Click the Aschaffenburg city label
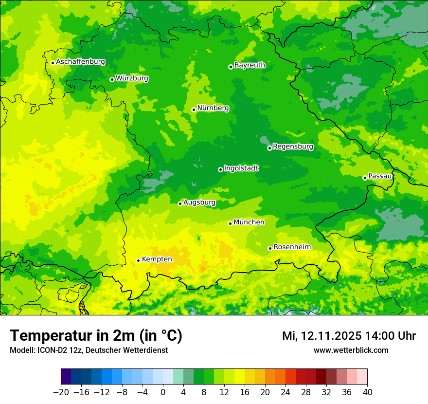(x=80, y=62)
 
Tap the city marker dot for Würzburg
(x=112, y=79)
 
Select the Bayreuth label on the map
(x=250, y=65)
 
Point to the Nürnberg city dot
(x=194, y=110)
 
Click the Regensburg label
(x=293, y=147)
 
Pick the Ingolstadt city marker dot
(x=220, y=169)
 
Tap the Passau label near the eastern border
(x=380, y=176)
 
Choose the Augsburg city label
(x=199, y=202)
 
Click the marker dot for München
(x=230, y=223)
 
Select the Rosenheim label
(x=292, y=247)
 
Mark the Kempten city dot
(x=138, y=260)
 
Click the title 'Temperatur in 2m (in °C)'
(x=96, y=336)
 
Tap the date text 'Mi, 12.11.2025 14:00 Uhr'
(x=349, y=336)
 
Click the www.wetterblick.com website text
(x=351, y=350)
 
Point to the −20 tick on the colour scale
(x=61, y=392)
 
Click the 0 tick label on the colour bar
(x=163, y=392)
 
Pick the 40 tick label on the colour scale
(x=367, y=392)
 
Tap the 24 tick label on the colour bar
(x=285, y=392)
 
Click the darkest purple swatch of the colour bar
(x=66, y=377)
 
